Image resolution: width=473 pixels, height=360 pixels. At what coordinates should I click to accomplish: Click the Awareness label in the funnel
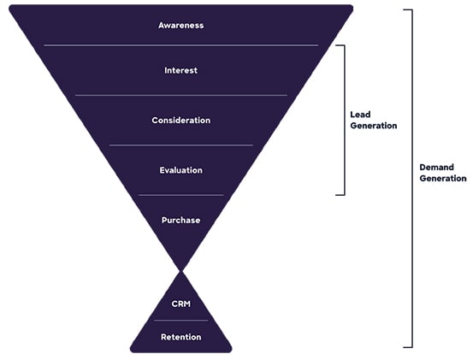tap(181, 26)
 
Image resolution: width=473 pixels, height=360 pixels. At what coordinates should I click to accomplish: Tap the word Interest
tap(181, 71)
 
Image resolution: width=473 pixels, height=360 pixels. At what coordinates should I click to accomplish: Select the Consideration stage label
tap(181, 121)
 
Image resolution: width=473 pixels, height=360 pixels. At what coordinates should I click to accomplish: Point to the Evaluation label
tap(181, 170)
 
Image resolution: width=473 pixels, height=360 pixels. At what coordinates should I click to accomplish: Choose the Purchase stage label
tap(181, 221)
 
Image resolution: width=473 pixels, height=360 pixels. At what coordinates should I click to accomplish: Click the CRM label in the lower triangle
tap(181, 304)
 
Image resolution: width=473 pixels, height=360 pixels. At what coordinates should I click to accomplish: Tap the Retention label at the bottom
tap(181, 337)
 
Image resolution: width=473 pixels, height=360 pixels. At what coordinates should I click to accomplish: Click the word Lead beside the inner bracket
tap(360, 115)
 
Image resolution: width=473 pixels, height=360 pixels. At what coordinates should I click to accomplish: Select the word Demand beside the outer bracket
tap(437, 168)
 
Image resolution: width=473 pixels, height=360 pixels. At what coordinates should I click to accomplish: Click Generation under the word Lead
tap(374, 126)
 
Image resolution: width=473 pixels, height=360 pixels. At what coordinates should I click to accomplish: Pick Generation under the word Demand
tap(443, 179)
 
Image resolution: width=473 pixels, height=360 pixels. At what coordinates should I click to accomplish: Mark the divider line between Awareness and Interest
tap(181, 45)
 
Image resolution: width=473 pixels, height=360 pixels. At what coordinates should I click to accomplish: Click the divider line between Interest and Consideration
tap(181, 95)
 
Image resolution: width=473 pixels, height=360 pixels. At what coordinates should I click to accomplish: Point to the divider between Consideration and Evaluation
tap(181, 145)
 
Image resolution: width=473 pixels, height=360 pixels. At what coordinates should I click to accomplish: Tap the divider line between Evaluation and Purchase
tap(181, 195)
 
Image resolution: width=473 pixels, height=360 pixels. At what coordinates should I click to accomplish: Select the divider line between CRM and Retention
tap(181, 321)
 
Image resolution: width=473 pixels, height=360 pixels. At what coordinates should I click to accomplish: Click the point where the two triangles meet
tap(181, 271)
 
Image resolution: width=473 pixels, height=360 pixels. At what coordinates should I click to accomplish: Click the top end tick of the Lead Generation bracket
tap(340, 45)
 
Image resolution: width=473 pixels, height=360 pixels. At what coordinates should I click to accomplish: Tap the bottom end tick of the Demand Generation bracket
tap(408, 347)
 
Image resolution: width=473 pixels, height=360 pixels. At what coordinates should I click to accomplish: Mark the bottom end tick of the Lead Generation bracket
tap(340, 195)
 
